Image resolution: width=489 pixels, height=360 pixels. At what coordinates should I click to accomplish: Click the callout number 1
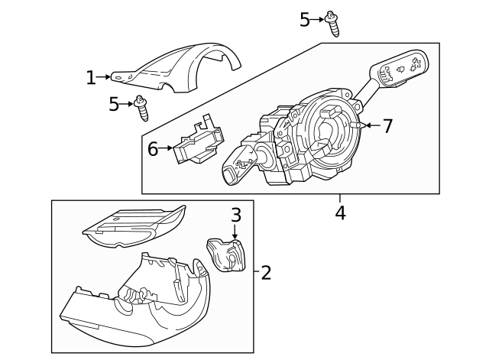91,78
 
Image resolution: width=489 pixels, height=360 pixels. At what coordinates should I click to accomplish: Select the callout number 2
266,272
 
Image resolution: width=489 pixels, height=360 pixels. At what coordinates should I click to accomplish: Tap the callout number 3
236,215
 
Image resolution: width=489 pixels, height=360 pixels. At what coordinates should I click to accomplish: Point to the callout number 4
341,213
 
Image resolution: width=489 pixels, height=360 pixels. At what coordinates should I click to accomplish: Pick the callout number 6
153,149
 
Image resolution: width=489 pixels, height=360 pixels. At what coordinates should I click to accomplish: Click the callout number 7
387,126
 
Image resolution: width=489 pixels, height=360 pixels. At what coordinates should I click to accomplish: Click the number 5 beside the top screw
305,20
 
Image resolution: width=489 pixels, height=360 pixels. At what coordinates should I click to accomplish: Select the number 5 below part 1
114,104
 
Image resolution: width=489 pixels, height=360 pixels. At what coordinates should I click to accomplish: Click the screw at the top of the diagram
332,24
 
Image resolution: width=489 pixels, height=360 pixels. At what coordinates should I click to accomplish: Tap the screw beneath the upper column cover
141,109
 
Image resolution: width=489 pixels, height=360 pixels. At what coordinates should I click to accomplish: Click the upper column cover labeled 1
176,68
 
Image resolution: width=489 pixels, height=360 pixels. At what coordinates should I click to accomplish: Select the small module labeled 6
199,140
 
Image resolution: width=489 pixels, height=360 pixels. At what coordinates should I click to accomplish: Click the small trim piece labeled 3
226,255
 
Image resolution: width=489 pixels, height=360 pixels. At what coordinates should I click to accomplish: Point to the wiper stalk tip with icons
400,67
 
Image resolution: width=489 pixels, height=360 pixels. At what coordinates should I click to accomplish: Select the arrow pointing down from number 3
235,232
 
